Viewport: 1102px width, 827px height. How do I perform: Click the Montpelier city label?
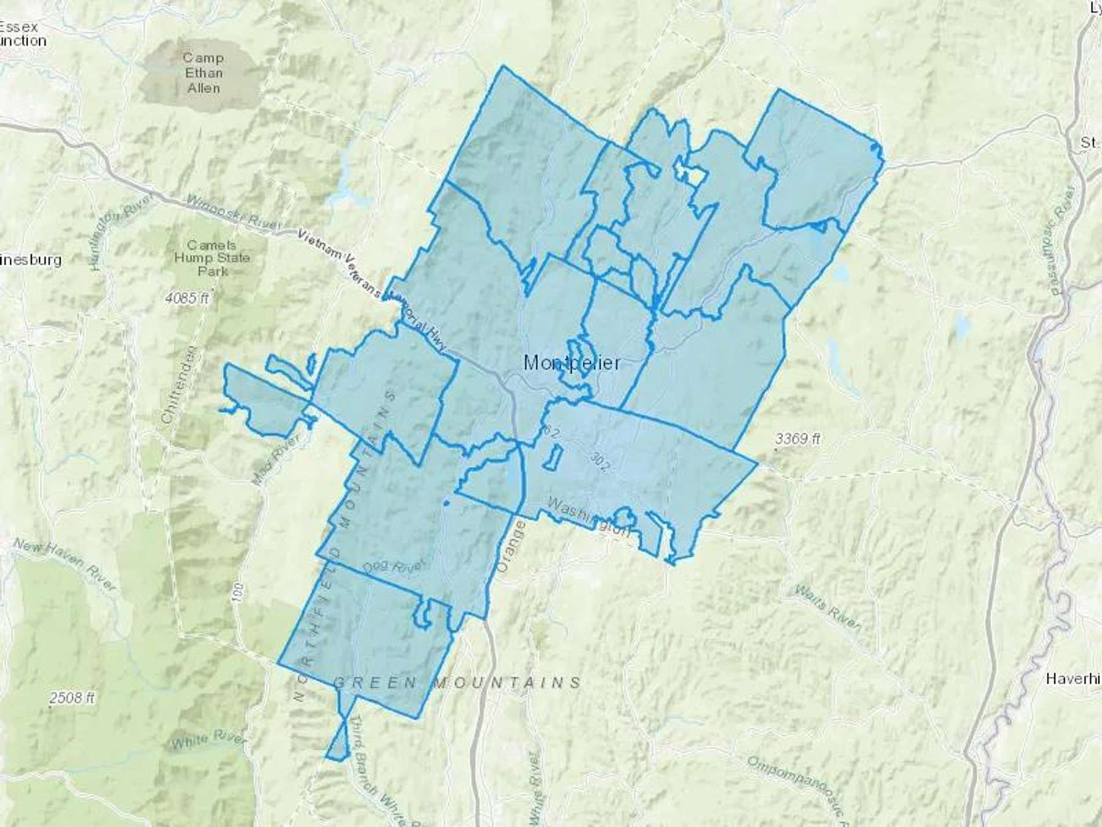pyautogui.click(x=572, y=363)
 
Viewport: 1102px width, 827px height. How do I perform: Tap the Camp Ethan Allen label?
pyautogui.click(x=203, y=73)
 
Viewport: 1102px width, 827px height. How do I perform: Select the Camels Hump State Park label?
pyautogui.click(x=212, y=258)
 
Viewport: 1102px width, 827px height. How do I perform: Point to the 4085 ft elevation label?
pyautogui.click(x=187, y=298)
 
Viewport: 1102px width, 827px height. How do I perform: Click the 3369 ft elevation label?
pyautogui.click(x=797, y=438)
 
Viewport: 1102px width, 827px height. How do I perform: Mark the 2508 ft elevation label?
pyautogui.click(x=72, y=697)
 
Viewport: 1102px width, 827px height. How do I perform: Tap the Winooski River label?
pyautogui.click(x=233, y=212)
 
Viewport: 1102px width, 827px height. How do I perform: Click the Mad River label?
pyautogui.click(x=275, y=459)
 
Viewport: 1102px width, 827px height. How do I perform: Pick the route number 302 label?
pyautogui.click(x=600, y=462)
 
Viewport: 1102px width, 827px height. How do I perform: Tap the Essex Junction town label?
pyautogui.click(x=22, y=34)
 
